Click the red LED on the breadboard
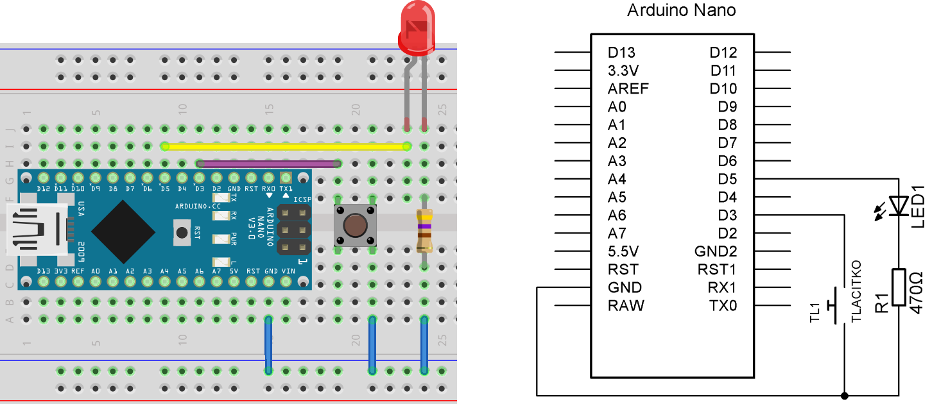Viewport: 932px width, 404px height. click(415, 29)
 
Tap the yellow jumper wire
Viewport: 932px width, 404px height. click(286, 146)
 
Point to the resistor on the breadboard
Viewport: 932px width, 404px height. click(424, 231)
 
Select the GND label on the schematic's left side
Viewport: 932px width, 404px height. click(625, 287)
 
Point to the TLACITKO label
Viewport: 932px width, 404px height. click(855, 290)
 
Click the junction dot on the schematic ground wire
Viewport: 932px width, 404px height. click(844, 395)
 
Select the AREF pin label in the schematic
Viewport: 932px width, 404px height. click(628, 88)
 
